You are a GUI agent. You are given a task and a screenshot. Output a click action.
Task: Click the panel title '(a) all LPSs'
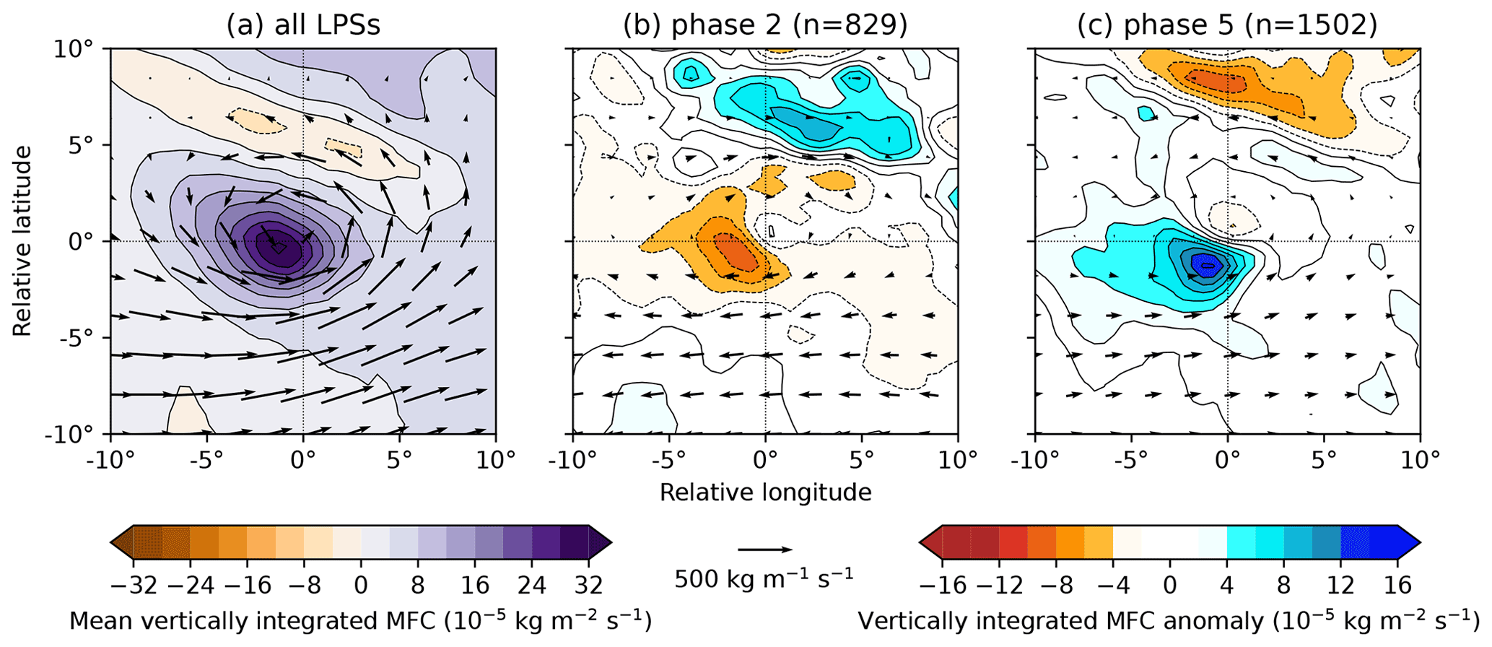[x=303, y=25]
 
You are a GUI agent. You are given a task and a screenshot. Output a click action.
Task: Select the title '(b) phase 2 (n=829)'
[x=765, y=25]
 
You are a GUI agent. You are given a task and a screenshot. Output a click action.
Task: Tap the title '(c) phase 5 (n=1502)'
[x=1227, y=25]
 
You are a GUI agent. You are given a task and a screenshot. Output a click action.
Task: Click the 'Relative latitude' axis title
[x=22, y=241]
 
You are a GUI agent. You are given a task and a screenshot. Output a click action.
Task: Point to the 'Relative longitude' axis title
[x=765, y=492]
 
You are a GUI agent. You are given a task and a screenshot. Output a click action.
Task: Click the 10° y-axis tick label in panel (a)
[x=76, y=50]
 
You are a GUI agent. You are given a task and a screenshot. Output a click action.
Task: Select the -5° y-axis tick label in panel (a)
[x=76, y=338]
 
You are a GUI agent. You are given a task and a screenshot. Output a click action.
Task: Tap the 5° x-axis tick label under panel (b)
[x=862, y=459]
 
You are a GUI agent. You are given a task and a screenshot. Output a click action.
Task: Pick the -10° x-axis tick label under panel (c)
[x=1035, y=459]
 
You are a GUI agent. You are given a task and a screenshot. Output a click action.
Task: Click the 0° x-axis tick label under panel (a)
[x=303, y=459]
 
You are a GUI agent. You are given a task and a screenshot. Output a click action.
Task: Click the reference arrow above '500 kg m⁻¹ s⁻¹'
[x=765, y=550]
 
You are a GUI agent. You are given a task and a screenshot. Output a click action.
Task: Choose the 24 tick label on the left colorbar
[x=532, y=584]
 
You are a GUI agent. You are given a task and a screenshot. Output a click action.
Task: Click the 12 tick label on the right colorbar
[x=1341, y=584]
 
